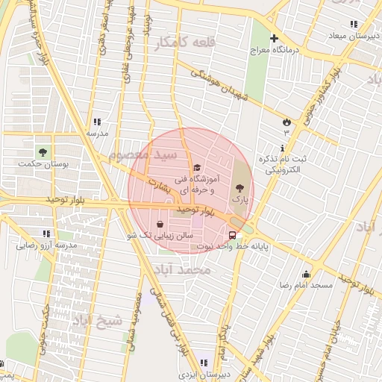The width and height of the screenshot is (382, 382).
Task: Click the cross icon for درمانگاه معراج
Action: coord(274,38)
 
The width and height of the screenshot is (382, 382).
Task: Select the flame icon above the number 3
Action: coord(286,122)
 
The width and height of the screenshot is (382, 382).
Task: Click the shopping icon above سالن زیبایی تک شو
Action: coord(160,223)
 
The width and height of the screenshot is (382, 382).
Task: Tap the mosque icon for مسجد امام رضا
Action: coord(306,274)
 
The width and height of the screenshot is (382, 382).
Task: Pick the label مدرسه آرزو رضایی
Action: coord(47,245)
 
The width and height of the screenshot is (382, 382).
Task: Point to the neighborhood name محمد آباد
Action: coord(182,267)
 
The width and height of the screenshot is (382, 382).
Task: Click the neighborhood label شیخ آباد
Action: coord(96,321)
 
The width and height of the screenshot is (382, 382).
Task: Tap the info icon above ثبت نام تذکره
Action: coord(282,148)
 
